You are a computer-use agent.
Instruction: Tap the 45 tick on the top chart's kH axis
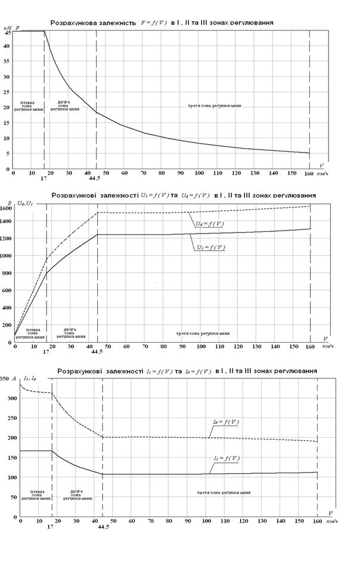pos(8,32)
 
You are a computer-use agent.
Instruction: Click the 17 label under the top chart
pos(44,178)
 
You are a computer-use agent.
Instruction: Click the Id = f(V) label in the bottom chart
pos(225,422)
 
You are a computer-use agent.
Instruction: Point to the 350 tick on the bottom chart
pos(5,378)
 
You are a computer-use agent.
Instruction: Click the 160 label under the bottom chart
pos(317,522)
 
